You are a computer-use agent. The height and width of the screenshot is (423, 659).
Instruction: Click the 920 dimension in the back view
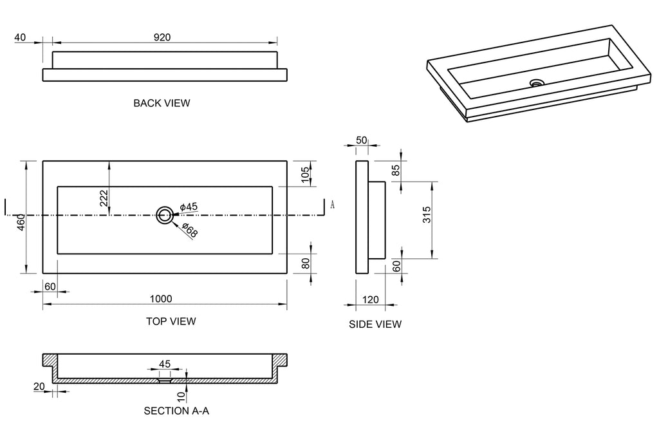point(162,37)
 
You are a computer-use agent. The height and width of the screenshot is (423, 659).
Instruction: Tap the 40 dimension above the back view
point(20,37)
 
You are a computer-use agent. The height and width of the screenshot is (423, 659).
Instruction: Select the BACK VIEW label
point(162,103)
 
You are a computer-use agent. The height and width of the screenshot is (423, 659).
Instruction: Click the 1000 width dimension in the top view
point(162,299)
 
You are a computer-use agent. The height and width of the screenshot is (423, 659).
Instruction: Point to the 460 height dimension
point(21,222)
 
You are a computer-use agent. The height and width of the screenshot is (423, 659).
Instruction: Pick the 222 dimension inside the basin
point(104,198)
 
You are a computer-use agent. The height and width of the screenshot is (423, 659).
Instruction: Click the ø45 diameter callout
point(189,207)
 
